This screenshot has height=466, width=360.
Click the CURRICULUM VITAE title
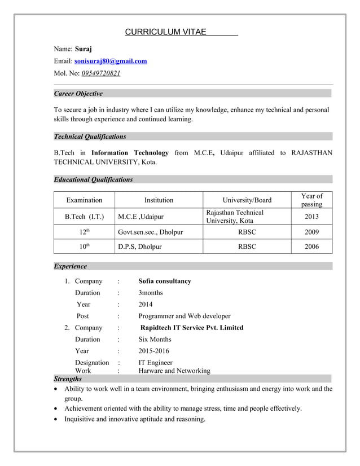[x=165, y=32]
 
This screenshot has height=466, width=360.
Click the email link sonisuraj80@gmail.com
[x=111, y=61]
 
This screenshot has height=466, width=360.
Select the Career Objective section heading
[x=78, y=94]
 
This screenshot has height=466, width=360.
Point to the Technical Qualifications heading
[x=90, y=137]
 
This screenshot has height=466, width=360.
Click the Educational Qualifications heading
[x=93, y=180]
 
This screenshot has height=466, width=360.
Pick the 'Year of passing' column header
[x=311, y=200]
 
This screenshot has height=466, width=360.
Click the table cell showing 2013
[x=311, y=217]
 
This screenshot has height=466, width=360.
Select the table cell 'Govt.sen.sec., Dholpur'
[x=151, y=231]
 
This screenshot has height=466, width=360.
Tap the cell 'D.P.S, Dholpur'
[x=140, y=247]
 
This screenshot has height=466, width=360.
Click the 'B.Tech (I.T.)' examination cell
[x=84, y=217]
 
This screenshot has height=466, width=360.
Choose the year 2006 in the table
[x=311, y=247]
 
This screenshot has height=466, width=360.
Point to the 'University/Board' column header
[x=247, y=200]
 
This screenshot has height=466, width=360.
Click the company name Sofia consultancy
[x=165, y=281]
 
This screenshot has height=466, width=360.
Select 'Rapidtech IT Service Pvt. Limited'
[x=192, y=328]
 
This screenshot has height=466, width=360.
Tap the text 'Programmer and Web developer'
[x=185, y=316]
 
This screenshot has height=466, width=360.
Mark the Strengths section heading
[x=67, y=379]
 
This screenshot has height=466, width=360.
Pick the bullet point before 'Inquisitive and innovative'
[x=56, y=419]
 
